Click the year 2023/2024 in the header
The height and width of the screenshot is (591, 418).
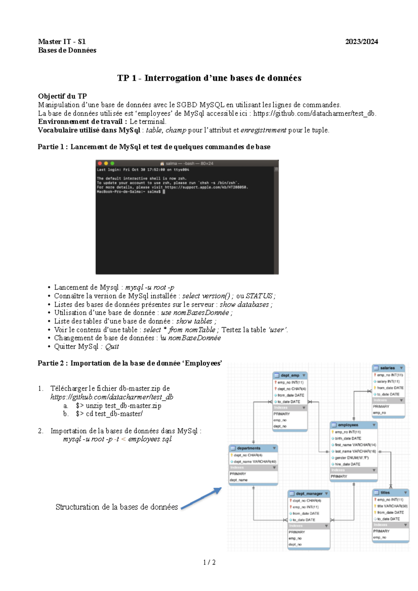(361, 42)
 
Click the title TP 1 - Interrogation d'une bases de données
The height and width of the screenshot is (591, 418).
(209, 78)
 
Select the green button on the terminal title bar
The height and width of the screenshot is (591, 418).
(112, 163)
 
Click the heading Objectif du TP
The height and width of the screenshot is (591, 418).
(62, 96)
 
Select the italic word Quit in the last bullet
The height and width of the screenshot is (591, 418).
(112, 347)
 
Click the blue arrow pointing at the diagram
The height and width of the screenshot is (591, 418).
(201, 498)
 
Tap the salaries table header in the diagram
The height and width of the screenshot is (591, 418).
(387, 368)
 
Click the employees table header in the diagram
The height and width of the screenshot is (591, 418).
(348, 425)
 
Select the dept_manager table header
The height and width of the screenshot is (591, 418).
(309, 494)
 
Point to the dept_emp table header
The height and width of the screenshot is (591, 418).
(290, 375)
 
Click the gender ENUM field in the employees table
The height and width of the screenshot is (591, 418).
(351, 458)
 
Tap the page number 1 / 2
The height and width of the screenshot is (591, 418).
(209, 562)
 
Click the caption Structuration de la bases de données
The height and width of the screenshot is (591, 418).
(117, 507)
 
